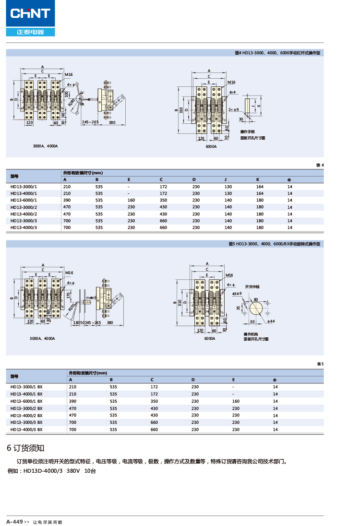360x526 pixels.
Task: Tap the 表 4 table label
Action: (x=320, y=166)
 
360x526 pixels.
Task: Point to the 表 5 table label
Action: (x=320, y=364)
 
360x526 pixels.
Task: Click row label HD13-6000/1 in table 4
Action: (x=24, y=200)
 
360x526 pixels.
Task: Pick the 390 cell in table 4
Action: (x=67, y=200)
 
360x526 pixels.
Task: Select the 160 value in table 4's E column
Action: (x=131, y=200)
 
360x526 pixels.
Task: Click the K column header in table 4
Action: (x=257, y=179)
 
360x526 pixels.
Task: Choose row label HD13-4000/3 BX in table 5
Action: (x=26, y=430)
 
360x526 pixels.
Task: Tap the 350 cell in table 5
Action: (x=154, y=401)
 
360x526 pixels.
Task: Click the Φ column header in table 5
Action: (x=275, y=380)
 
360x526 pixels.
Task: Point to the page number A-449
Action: (x=14, y=522)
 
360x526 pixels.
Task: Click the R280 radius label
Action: (x=71, y=102)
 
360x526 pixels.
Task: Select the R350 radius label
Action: (x=71, y=307)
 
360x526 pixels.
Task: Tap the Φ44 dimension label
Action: (x=271, y=321)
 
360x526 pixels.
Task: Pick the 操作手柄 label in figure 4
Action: (x=248, y=131)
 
